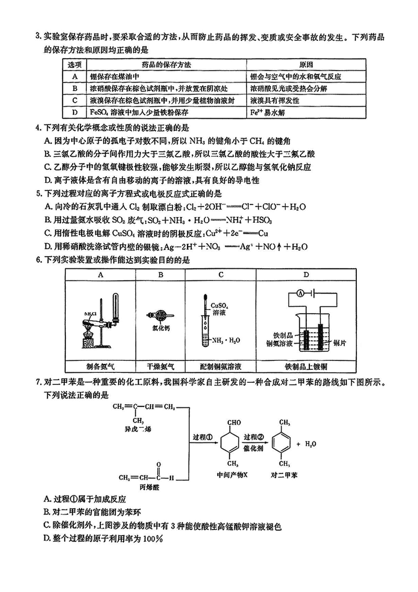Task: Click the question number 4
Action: point(38,127)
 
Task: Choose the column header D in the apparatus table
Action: point(306,274)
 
